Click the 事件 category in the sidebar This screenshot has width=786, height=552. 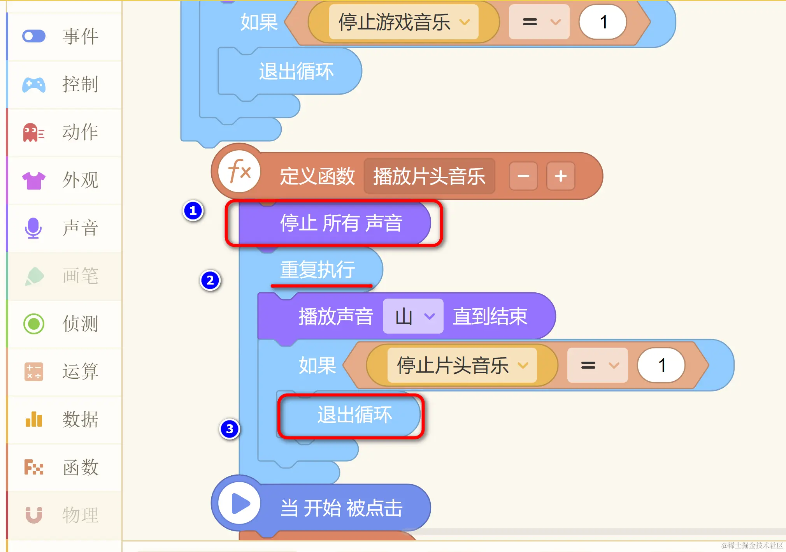click(80, 37)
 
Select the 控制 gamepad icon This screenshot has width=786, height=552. click(34, 84)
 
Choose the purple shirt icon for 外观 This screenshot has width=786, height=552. click(34, 180)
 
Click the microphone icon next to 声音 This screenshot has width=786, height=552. click(33, 228)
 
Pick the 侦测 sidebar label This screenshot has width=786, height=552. click(80, 324)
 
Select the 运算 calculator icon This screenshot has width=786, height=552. click(34, 371)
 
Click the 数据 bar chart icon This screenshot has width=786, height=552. click(34, 419)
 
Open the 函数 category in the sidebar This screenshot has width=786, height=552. click(80, 467)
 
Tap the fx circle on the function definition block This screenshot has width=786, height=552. click(239, 172)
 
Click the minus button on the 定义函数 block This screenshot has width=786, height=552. click(523, 176)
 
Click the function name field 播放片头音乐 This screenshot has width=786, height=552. click(429, 176)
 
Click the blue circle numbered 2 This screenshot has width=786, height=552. click(210, 280)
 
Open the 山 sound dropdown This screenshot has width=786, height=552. click(413, 316)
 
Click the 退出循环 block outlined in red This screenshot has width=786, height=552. click(350, 415)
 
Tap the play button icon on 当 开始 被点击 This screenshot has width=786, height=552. click(240, 503)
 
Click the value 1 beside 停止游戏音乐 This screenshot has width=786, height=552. click(603, 22)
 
